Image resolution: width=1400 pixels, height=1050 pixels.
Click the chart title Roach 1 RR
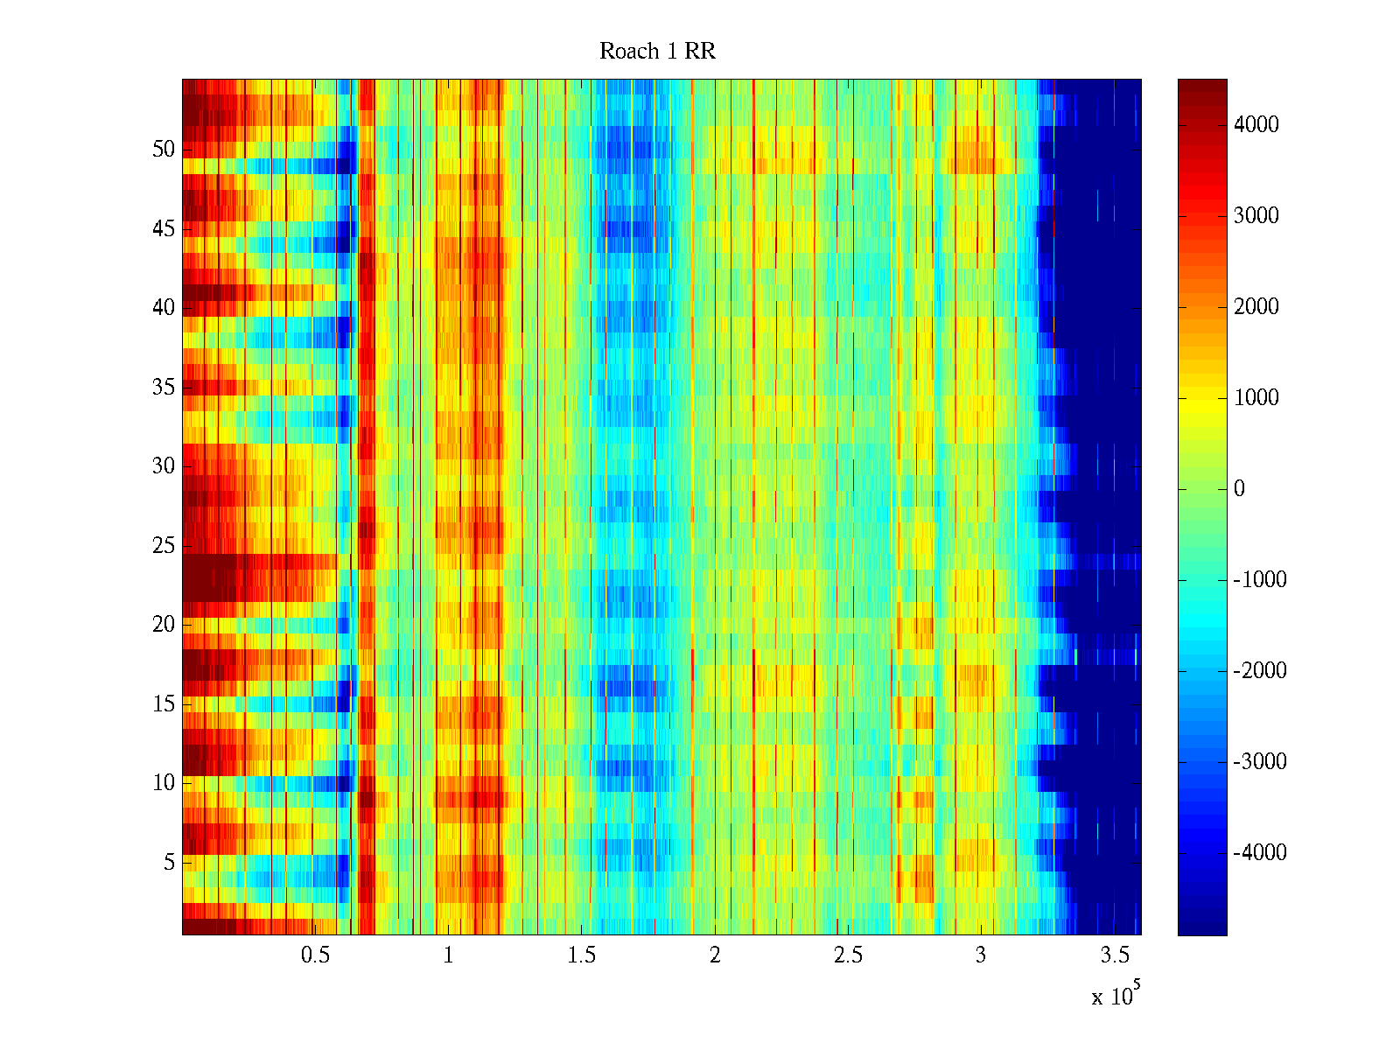pos(657,52)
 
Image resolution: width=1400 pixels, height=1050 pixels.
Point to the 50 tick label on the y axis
pos(164,150)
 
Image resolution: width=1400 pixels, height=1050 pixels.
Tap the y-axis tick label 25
pos(164,546)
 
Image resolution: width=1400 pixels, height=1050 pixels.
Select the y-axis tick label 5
pos(169,863)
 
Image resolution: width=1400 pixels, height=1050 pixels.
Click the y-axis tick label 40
pos(164,308)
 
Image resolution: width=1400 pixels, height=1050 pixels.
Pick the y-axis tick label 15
pos(164,704)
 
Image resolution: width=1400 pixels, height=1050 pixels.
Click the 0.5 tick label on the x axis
pos(315,955)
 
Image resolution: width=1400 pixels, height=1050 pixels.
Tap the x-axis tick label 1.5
pos(581,955)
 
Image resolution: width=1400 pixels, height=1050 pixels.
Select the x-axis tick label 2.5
pos(848,955)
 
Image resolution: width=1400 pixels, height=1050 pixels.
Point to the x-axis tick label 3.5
pos(1114,955)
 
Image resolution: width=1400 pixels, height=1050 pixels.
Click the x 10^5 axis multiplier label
pos(1115,995)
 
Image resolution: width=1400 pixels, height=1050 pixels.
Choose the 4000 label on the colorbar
pos(1256,125)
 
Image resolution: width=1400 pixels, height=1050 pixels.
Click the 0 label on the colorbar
pos(1239,489)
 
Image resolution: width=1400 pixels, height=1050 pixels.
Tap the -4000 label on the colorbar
pos(1260,853)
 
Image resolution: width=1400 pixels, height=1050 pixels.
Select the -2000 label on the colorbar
pos(1260,671)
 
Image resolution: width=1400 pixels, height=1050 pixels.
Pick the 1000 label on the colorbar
pos(1256,398)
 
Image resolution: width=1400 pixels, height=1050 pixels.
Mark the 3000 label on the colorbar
pos(1256,216)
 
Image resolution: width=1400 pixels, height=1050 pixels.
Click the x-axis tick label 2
pos(715,955)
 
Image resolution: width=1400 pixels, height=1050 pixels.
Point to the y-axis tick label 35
pos(164,388)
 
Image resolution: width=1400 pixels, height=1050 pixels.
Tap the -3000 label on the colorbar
pos(1260,762)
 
